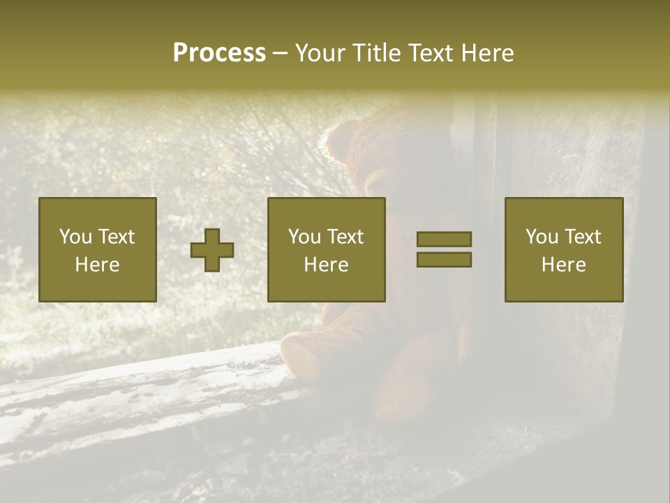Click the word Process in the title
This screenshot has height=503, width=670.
[x=219, y=53]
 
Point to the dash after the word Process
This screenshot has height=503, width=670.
[x=281, y=54]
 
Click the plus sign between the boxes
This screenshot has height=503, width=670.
[x=212, y=250]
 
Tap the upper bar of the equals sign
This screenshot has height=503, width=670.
[x=444, y=239]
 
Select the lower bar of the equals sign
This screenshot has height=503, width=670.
[x=444, y=259]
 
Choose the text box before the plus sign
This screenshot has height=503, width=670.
[x=97, y=249]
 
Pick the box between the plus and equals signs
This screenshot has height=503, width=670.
[x=326, y=249]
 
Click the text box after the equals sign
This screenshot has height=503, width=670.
[x=563, y=249]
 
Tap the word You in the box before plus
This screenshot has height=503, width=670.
[x=75, y=237]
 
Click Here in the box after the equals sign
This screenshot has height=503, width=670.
[x=563, y=264]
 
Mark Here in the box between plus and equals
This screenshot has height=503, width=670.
[x=326, y=264]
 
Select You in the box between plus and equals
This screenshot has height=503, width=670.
[x=304, y=237]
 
